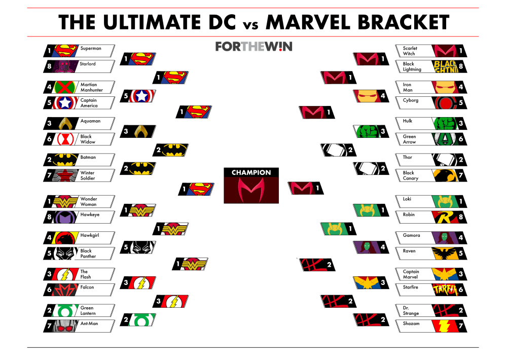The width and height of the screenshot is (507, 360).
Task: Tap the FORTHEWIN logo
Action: [x=254, y=47]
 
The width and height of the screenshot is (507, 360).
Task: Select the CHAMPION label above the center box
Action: [x=251, y=173]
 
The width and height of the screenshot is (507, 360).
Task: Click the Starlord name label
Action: [x=88, y=64]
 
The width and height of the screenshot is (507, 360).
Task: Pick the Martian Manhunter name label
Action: [x=91, y=87]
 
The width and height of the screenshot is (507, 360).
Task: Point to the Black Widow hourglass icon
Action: [x=65, y=139]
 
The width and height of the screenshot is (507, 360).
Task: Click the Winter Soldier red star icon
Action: [x=65, y=175]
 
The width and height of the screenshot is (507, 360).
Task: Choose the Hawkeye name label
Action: [x=90, y=215]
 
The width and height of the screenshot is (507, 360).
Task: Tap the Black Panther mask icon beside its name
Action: [x=65, y=254]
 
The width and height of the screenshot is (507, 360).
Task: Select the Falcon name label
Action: [x=87, y=287]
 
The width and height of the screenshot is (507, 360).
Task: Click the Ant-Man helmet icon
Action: [x=65, y=326]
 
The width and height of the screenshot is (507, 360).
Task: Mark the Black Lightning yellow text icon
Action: [x=445, y=66]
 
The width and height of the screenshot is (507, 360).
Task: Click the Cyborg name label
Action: [x=411, y=100]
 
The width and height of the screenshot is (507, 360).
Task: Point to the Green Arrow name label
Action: [x=409, y=139]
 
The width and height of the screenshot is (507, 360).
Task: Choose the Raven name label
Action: [x=409, y=251]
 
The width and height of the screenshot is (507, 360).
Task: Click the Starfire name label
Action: [x=410, y=287]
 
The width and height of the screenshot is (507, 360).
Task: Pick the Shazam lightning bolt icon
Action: [x=445, y=326]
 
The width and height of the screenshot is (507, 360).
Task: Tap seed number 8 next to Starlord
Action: [x=49, y=66]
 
